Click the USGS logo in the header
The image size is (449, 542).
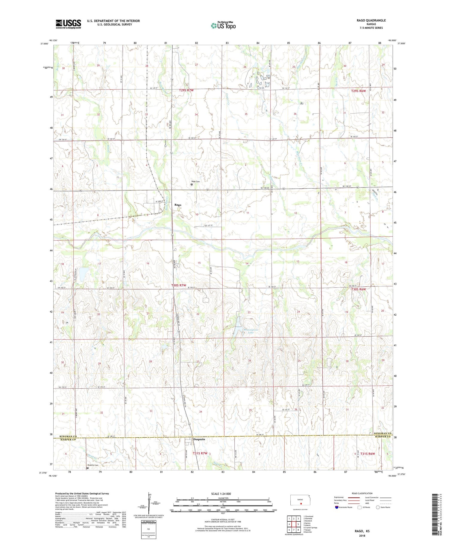[68, 24]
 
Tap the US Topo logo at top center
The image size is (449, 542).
[223, 26]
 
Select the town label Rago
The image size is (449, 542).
[178, 205]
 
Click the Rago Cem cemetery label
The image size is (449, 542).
[195, 181]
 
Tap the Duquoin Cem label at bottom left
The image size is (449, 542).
[92, 465]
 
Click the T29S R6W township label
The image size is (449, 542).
[358, 91]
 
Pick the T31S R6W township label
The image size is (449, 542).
[368, 454]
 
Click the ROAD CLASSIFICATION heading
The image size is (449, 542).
[362, 493]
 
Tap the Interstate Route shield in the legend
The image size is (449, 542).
[337, 507]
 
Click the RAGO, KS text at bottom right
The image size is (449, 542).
[362, 531]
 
